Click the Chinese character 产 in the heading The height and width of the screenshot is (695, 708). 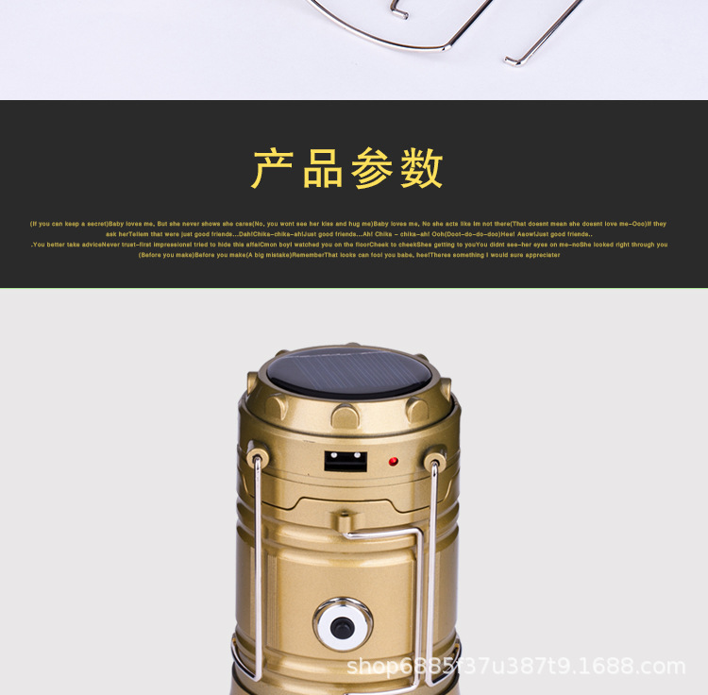tap(274, 169)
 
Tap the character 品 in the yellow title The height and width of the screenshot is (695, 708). tap(324, 169)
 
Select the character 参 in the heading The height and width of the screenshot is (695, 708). tap(373, 169)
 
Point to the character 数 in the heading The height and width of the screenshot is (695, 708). tap(422, 169)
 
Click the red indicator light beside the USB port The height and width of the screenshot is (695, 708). tap(393, 463)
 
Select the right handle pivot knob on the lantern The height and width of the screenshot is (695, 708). tap(434, 463)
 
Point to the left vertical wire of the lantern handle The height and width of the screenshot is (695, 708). tap(254, 567)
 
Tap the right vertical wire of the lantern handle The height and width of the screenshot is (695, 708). tap(435, 567)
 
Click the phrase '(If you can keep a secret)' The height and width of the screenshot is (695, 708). tap(69, 224)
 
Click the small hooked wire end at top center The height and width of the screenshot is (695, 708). tap(398, 12)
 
